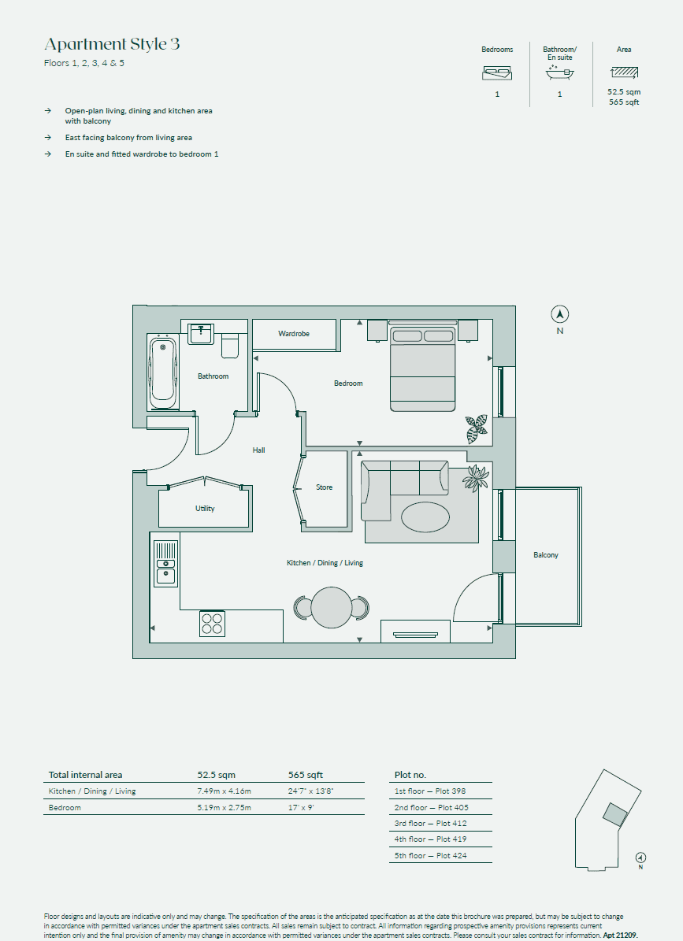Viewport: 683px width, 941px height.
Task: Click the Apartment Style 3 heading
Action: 112,44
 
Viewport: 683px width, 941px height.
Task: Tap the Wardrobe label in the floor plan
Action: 294,334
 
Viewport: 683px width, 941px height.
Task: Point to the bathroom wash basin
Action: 202,332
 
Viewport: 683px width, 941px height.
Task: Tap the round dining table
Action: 331,607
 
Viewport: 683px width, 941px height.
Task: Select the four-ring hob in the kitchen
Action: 212,624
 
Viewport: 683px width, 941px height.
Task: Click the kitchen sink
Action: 165,563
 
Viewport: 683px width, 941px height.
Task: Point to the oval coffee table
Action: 426,518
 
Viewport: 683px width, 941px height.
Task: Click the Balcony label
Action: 545,555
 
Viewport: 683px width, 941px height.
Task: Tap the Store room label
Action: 324,487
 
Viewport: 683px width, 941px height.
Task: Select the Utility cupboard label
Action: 205,509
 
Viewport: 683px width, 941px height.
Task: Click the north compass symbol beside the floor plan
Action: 559,314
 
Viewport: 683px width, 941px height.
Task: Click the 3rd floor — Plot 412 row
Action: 430,823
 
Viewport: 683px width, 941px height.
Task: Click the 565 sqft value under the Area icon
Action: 624,102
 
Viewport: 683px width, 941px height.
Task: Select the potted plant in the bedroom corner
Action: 476,428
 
